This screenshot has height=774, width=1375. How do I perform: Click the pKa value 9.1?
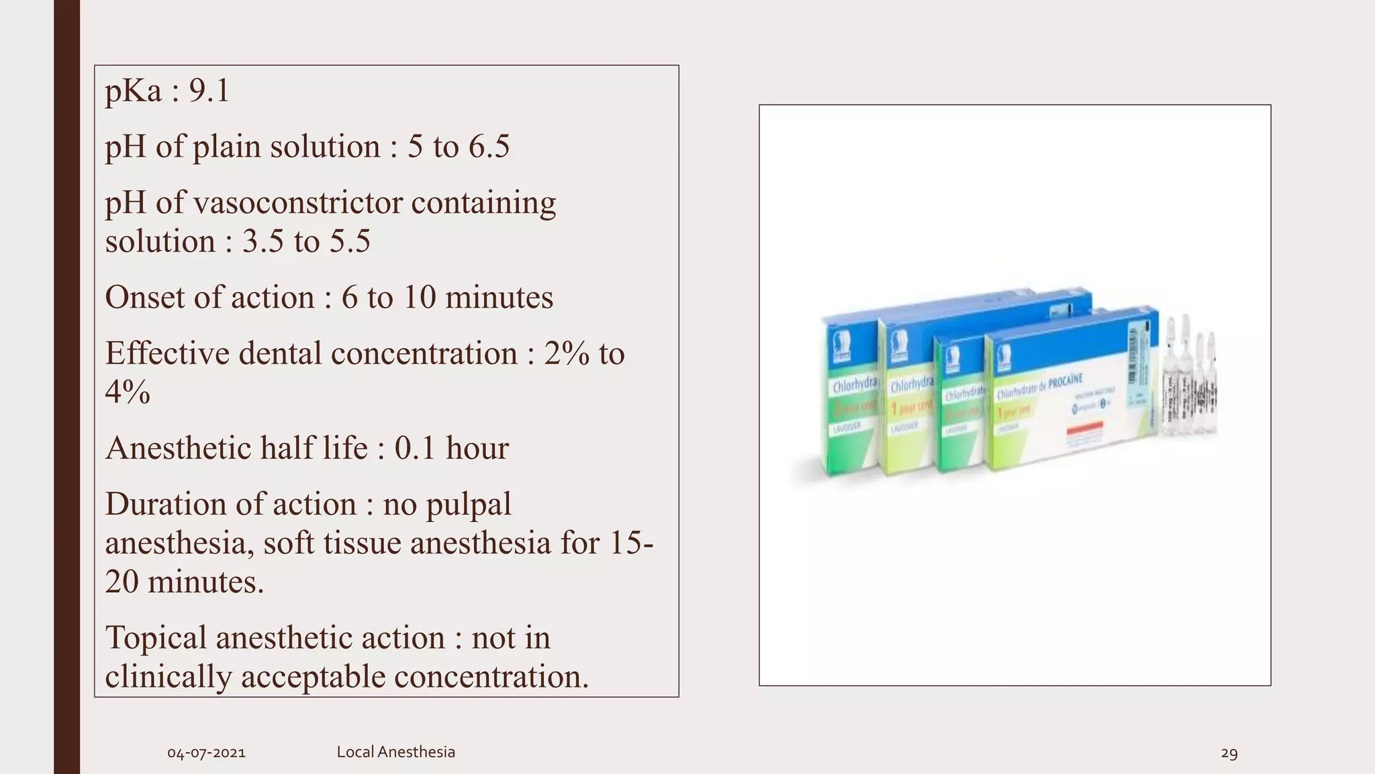pyautogui.click(x=209, y=91)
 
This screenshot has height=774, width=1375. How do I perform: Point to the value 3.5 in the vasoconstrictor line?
pyautogui.click(x=263, y=242)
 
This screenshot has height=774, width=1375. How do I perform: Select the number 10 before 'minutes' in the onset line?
pyautogui.click(x=419, y=298)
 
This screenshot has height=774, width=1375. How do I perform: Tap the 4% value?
pyautogui.click(x=128, y=392)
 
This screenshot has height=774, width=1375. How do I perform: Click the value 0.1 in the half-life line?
pyautogui.click(x=415, y=448)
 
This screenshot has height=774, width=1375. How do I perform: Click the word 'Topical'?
pyautogui.click(x=156, y=638)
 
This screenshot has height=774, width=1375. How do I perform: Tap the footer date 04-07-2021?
pyautogui.click(x=206, y=753)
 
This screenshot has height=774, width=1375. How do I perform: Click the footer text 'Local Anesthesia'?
pyautogui.click(x=395, y=752)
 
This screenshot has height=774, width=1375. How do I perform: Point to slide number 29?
pyautogui.click(x=1229, y=753)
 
